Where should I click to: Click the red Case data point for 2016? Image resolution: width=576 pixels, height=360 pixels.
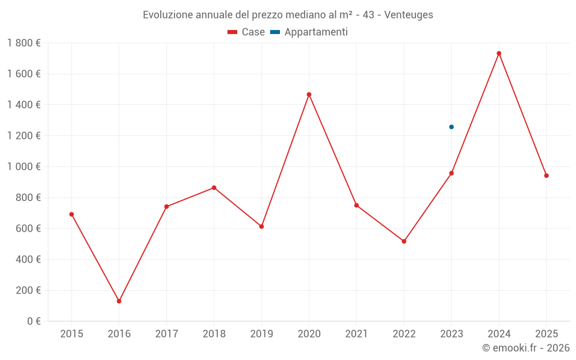coord(119,301)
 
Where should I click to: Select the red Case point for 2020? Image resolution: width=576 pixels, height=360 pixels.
coord(309,94)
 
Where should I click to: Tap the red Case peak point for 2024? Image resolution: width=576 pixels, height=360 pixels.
coord(499,54)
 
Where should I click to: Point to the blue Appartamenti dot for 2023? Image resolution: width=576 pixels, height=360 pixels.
coord(452,127)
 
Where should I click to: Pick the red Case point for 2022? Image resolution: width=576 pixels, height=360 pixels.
coord(404,241)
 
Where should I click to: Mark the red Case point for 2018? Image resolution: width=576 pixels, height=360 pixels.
coord(214,188)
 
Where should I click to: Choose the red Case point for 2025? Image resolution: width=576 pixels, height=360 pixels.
coord(546,176)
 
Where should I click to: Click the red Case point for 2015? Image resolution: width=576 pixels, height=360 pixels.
coord(71,214)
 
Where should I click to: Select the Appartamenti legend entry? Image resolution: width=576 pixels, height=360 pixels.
coord(316,32)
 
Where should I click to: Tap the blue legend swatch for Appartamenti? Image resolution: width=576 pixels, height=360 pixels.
coord(275,32)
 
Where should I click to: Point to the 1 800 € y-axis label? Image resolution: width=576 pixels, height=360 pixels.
coord(24,43)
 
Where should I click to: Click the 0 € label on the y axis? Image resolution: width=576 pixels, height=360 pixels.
coord(34,321)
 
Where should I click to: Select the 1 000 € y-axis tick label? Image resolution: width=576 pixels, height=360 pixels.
coord(24,166)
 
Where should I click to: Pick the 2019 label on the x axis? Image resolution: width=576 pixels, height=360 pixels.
coord(262,334)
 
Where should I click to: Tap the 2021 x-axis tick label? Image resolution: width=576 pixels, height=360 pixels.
coord(357,334)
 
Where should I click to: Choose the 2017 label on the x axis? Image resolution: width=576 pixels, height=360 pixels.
coord(166,334)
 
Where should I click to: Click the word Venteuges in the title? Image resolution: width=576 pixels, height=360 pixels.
coord(408,15)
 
